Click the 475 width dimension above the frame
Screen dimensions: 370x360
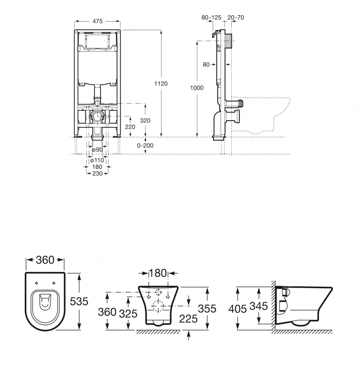click(x=98, y=21)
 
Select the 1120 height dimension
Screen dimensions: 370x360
click(x=161, y=83)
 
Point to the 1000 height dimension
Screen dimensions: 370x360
click(x=197, y=88)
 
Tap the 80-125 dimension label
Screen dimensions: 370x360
click(x=211, y=17)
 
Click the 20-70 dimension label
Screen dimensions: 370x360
click(x=236, y=17)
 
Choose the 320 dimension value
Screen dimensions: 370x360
click(x=145, y=120)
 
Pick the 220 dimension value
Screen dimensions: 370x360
click(x=130, y=127)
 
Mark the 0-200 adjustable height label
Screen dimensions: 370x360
click(x=145, y=146)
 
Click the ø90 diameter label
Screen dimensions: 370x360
click(x=97, y=149)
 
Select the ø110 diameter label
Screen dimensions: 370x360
click(x=97, y=160)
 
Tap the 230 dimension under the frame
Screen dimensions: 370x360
click(x=97, y=173)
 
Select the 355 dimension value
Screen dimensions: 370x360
click(x=207, y=309)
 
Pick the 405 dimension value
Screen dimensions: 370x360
click(x=237, y=309)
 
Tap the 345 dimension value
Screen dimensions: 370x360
click(x=258, y=306)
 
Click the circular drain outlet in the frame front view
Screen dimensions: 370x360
click(x=98, y=117)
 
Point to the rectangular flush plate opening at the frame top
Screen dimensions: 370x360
click(x=98, y=41)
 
